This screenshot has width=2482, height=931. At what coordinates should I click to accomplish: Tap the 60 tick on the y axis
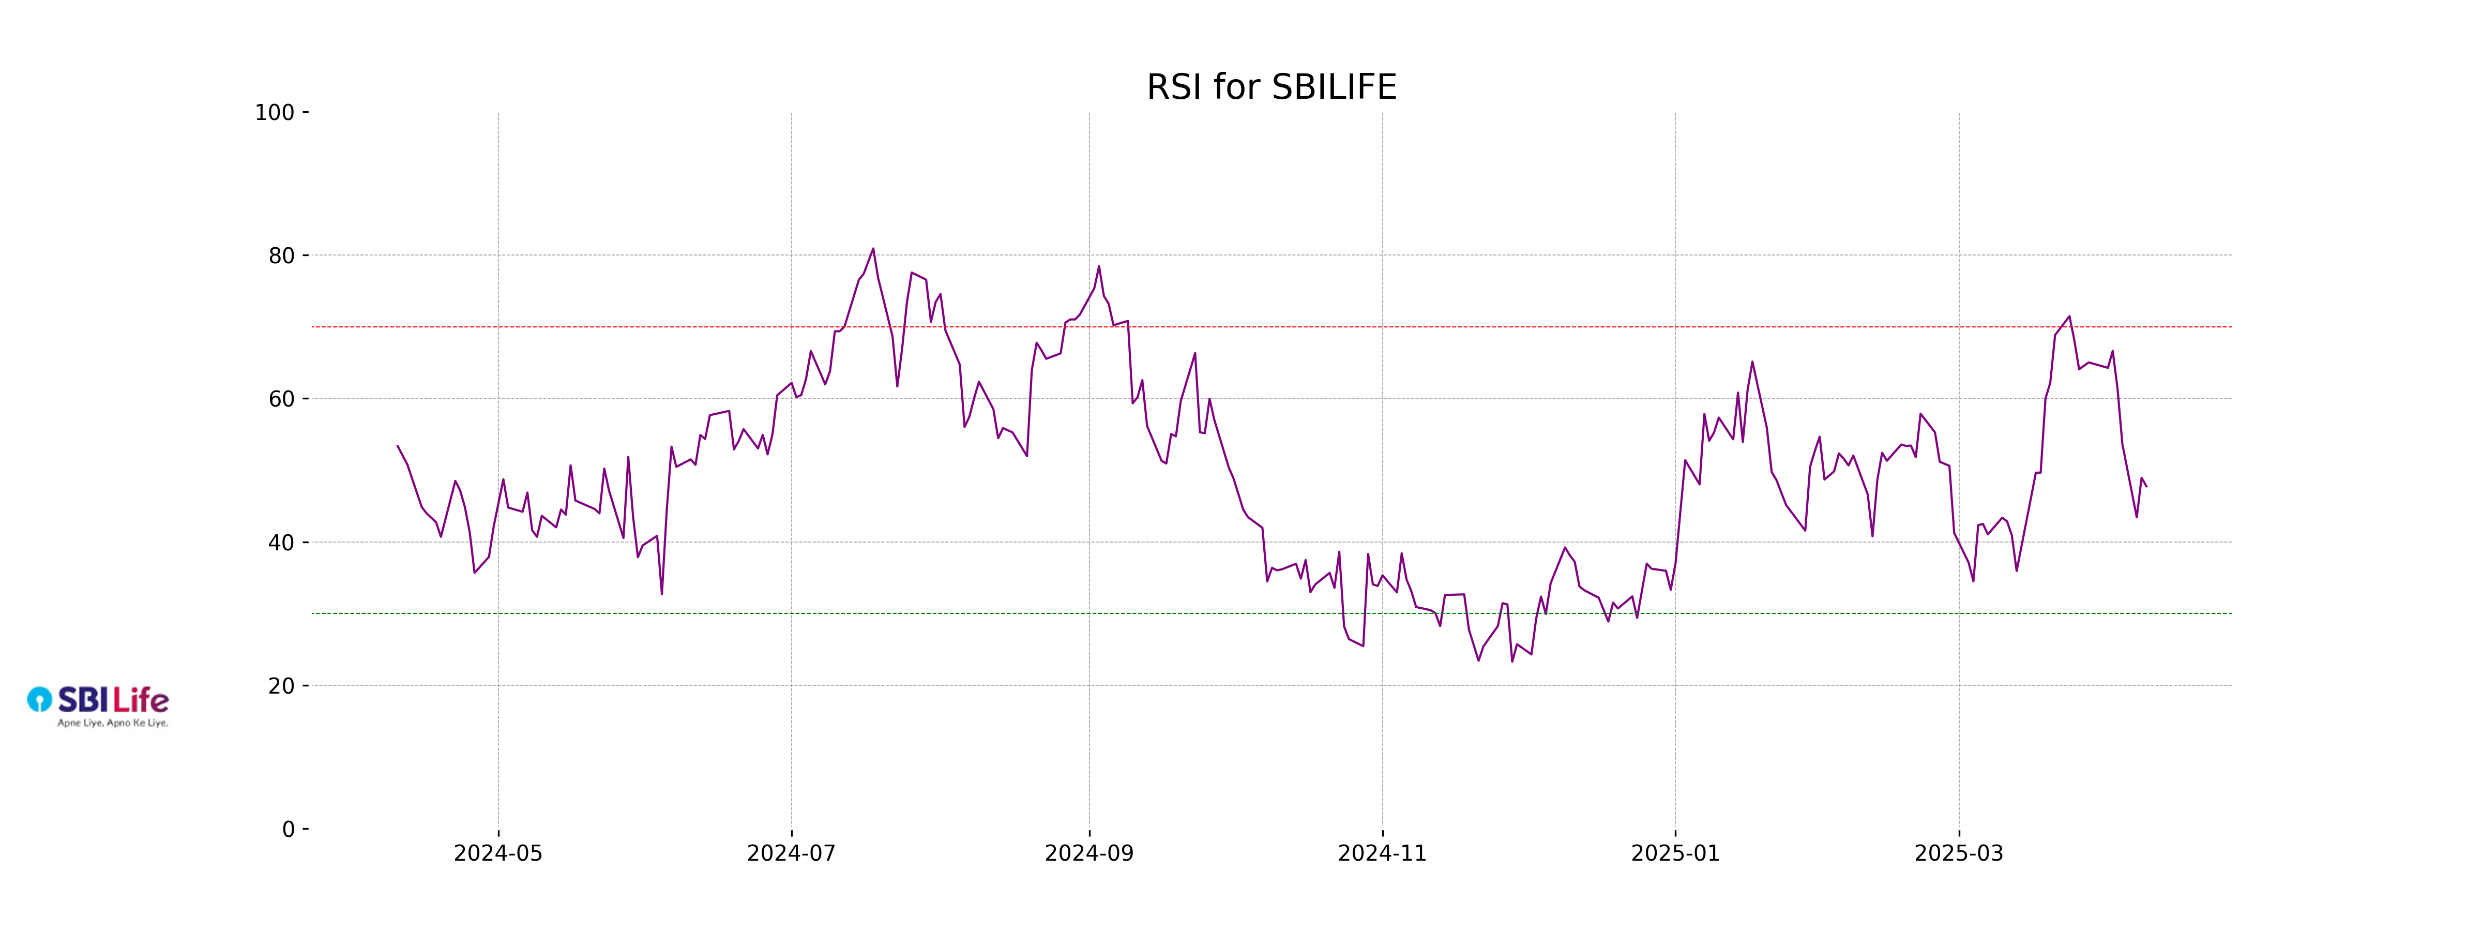[x=281, y=399]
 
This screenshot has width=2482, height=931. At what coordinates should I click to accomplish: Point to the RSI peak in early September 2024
[x=1098, y=267]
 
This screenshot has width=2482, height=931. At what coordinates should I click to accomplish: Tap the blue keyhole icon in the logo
[x=39, y=699]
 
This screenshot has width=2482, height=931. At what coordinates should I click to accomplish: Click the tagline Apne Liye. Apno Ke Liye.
[x=113, y=723]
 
